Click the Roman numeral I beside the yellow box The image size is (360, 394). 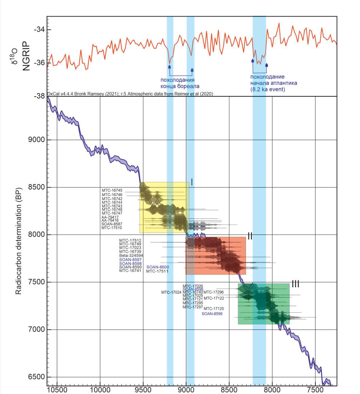[192, 182]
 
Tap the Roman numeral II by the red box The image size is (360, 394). [250, 236]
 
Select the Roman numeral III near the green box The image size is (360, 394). [295, 283]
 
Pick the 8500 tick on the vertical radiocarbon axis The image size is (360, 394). [36, 187]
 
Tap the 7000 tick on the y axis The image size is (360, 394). [36, 329]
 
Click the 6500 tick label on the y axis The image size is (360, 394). [36, 377]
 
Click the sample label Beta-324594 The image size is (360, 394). [131, 256]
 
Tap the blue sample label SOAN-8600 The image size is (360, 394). [158, 267]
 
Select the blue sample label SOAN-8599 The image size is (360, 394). [212, 314]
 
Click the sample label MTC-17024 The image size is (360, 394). [171, 292]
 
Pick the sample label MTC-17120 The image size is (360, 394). [214, 309]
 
